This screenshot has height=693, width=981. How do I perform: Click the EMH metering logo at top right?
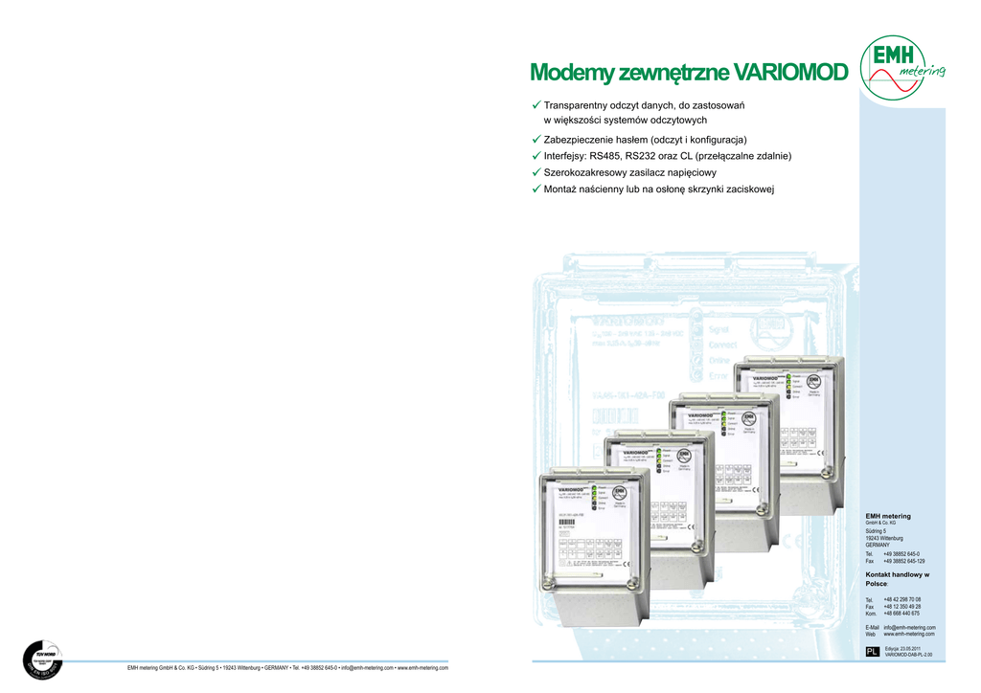902,66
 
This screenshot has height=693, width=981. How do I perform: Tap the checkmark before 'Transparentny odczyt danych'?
536,104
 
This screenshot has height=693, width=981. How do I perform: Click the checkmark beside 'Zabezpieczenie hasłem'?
536,140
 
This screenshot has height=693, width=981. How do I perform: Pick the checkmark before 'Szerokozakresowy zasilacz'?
536,172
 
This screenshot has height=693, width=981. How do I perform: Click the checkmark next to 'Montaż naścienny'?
536,190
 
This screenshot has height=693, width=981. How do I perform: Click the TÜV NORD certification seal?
42,662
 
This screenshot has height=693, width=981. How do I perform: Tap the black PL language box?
872,652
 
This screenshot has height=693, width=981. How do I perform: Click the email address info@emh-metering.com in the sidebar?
909,627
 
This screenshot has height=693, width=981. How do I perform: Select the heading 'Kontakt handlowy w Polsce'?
897,578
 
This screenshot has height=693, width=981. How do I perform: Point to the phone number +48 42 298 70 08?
901,599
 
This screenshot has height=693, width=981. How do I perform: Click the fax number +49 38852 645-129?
903,561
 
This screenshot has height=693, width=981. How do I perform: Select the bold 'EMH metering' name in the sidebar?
888,516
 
